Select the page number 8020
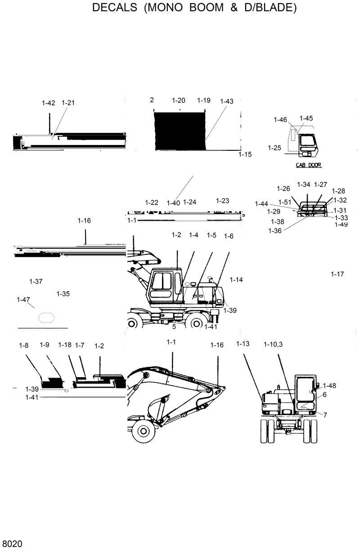(12, 544)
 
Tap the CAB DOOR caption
(308, 165)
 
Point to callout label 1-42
(48, 103)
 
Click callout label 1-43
(227, 101)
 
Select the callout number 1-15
(245, 154)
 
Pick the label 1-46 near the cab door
(280, 120)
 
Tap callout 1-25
(274, 148)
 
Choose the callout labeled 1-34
(304, 184)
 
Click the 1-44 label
(261, 204)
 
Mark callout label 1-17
(337, 274)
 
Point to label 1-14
(236, 280)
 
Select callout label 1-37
(36, 282)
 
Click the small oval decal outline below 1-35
(46, 317)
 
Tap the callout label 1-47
(23, 300)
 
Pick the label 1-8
(24, 345)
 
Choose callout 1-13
(243, 344)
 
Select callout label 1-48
(329, 385)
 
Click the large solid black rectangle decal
(179, 131)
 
